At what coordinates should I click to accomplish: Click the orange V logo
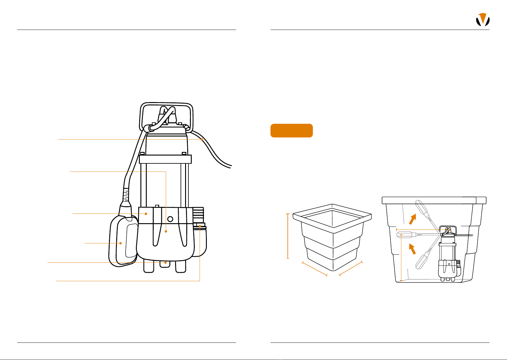(x=483, y=20)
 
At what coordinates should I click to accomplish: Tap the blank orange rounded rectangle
(x=291, y=130)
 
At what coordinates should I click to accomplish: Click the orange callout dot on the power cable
(x=202, y=139)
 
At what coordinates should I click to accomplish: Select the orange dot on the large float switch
(x=120, y=243)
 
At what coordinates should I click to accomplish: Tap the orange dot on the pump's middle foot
(x=165, y=263)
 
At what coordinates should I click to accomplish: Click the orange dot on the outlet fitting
(x=200, y=226)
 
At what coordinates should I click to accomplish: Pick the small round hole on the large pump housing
(x=170, y=219)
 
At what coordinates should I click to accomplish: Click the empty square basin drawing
(x=332, y=236)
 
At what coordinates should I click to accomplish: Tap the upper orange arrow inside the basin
(x=412, y=219)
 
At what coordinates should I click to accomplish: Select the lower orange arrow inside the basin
(x=412, y=249)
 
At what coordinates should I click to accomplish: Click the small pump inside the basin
(x=449, y=257)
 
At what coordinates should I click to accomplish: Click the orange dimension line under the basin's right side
(x=351, y=268)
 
